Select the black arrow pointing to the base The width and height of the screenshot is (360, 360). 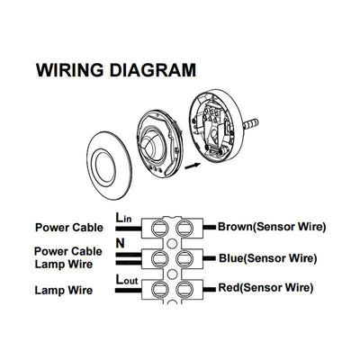192,166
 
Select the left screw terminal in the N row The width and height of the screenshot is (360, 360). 166,258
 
